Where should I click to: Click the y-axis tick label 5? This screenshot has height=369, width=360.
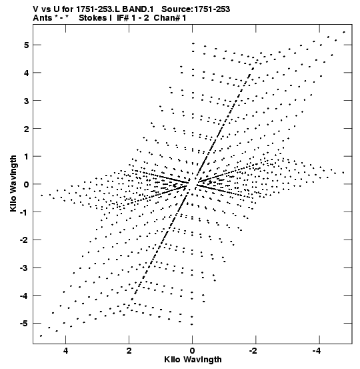(26, 45)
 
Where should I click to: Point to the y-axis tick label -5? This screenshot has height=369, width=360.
(25, 324)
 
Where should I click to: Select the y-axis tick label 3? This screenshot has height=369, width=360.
(26, 101)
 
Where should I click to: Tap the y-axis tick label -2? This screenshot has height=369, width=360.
(25, 240)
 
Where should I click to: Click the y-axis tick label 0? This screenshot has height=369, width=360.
(26, 184)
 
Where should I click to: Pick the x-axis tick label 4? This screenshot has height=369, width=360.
(65, 351)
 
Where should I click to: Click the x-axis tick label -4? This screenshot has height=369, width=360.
(317, 351)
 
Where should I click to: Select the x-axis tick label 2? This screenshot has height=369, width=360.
(129, 351)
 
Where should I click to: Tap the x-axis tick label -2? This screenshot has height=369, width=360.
(253, 351)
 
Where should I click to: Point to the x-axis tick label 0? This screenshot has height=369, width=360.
(193, 351)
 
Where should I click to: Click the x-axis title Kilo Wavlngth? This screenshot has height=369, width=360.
(193, 360)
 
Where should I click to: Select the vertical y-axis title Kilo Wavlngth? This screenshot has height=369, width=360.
(13, 183)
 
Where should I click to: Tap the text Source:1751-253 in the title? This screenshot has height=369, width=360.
(196, 9)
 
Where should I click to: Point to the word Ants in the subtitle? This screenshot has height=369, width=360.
(42, 18)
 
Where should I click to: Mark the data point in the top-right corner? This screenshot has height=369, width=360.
(344, 32)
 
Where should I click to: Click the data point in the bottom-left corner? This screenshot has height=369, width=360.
(41, 336)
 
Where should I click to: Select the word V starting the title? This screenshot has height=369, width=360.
(35, 9)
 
